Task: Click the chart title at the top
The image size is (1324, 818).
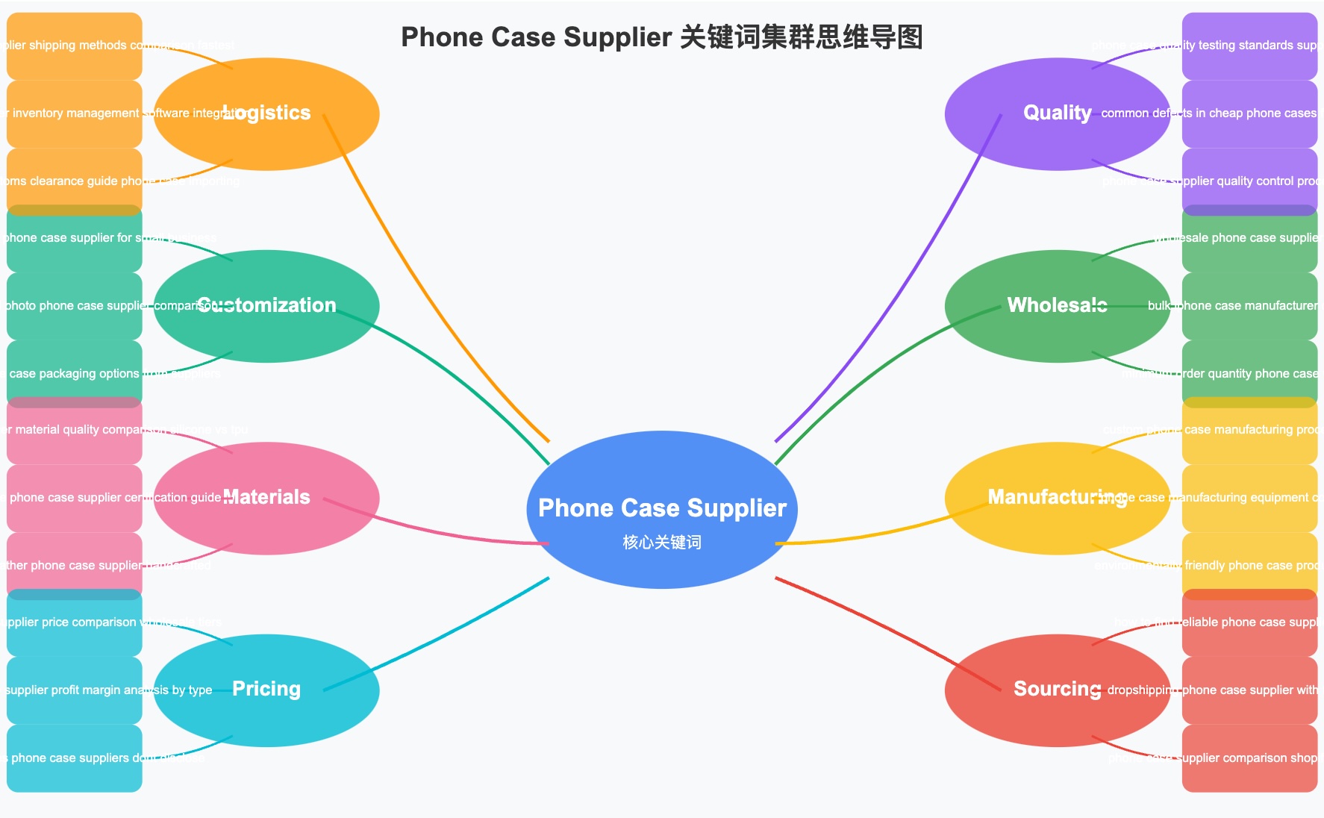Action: [662, 37]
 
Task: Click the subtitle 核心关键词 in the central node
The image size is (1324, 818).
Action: [662, 543]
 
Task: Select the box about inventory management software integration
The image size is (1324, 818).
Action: [74, 113]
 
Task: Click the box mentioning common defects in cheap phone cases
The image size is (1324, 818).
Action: [1249, 113]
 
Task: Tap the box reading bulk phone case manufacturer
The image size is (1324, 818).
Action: [1249, 306]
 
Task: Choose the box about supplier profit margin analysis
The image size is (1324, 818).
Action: [74, 690]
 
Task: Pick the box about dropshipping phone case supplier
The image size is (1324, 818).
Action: [1249, 690]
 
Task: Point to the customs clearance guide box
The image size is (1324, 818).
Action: [74, 181]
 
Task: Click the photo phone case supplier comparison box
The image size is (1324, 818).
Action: [74, 306]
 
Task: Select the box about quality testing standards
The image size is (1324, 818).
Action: [1249, 46]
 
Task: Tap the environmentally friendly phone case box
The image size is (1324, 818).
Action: [1249, 565]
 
